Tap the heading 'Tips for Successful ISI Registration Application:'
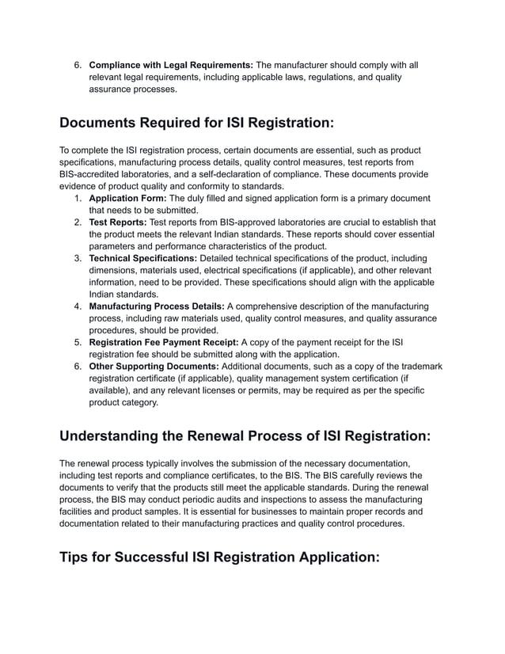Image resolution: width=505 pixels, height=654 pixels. coord(220,557)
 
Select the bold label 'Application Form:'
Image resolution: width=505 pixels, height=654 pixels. coord(128,199)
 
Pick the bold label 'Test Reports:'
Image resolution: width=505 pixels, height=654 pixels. coord(117,222)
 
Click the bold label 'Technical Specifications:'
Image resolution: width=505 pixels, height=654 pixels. coord(143,258)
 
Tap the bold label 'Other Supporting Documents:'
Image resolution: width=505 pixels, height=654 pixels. coord(154,366)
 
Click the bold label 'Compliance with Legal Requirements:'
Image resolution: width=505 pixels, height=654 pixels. coord(171,65)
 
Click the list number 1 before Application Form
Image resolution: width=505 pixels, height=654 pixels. coord(78,199)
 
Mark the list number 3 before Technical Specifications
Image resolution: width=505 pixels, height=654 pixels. coord(78,258)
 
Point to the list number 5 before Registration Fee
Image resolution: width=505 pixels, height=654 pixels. coord(78,342)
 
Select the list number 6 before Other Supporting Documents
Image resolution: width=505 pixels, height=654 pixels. coord(78,366)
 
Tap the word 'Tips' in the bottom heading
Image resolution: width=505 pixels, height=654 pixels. coord(83,557)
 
